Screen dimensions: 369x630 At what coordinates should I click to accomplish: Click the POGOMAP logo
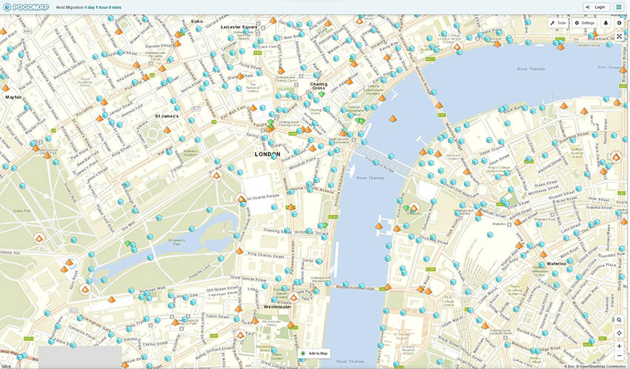click(x=26, y=7)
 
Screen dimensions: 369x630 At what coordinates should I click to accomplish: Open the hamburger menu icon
click(x=619, y=7)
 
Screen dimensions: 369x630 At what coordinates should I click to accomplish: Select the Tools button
click(x=558, y=23)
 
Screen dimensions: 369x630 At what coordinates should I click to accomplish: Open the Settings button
click(x=585, y=23)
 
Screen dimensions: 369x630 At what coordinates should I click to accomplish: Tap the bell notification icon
click(x=606, y=23)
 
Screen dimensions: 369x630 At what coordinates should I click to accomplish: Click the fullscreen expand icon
click(x=619, y=36)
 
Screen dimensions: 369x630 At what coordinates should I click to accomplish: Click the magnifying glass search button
click(x=619, y=319)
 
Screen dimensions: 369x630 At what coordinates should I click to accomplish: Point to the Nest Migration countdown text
click(x=89, y=7)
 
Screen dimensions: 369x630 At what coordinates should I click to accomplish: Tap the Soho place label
click(x=196, y=21)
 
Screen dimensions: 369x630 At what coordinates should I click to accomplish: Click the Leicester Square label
click(x=239, y=27)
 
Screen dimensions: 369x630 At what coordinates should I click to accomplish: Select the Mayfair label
click(x=13, y=97)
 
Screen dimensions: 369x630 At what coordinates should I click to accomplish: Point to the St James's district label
click(x=167, y=116)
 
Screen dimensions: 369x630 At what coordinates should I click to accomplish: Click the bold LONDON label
click(x=268, y=154)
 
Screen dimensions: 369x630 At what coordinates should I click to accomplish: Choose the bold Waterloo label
click(x=557, y=263)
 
